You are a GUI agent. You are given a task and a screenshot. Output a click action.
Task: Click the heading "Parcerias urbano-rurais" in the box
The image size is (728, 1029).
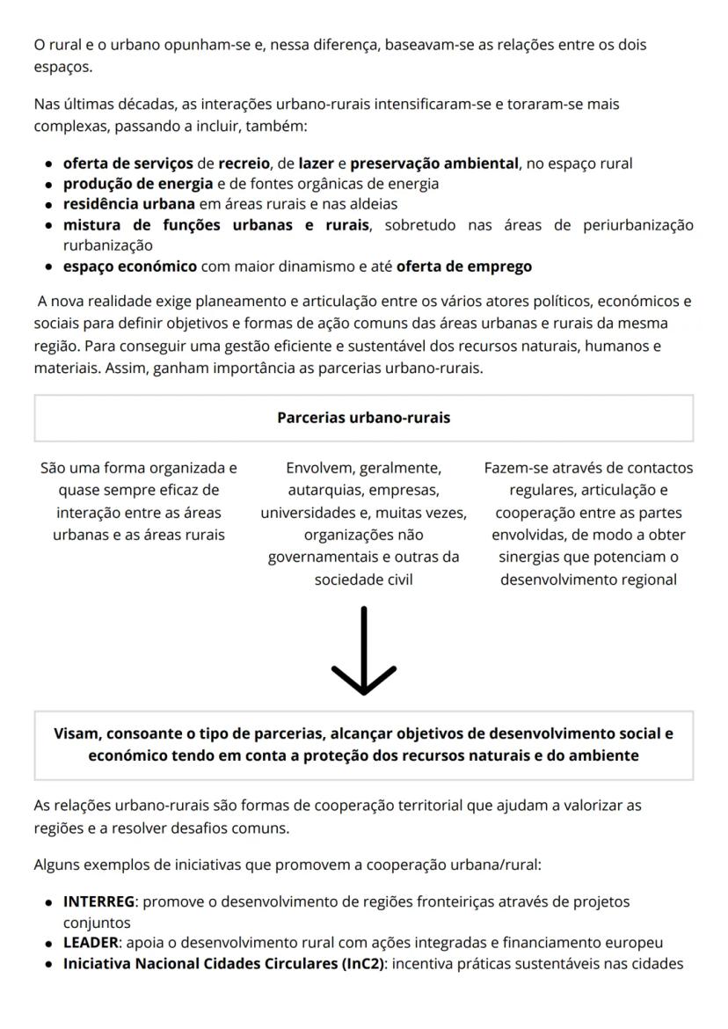363,418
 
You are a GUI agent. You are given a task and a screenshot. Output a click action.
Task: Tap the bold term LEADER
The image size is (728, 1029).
91,942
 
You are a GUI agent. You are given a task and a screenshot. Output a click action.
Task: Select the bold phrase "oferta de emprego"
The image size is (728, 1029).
463,265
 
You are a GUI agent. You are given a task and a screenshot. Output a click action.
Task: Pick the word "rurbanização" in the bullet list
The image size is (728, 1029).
107,244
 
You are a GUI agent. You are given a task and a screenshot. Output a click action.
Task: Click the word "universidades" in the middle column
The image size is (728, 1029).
307,512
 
